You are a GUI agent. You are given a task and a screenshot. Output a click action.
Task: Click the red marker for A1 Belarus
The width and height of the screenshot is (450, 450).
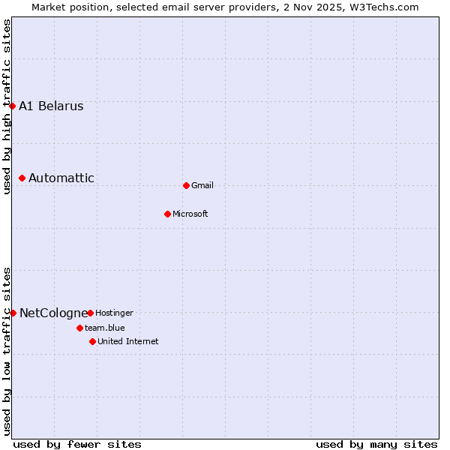(13, 106)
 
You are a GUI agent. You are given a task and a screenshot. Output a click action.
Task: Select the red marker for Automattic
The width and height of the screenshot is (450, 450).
(22, 178)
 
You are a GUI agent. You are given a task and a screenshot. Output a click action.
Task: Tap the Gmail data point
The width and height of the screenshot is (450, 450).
(186, 185)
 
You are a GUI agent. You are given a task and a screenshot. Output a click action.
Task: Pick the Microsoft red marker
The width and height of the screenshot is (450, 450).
(167, 214)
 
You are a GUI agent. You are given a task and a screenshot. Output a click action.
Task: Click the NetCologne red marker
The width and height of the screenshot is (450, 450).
(13, 313)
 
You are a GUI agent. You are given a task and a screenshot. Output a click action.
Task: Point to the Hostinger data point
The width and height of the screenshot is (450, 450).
(90, 313)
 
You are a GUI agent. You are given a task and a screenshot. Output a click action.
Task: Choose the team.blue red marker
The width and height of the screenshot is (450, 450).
(79, 328)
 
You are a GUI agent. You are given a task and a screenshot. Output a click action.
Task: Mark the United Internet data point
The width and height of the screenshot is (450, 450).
(92, 341)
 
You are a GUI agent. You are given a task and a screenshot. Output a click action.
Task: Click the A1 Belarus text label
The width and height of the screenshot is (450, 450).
(51, 106)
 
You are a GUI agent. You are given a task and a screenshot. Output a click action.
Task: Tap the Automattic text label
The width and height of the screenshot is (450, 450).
(61, 178)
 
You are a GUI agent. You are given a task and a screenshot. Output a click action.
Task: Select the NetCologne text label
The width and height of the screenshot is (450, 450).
(52, 313)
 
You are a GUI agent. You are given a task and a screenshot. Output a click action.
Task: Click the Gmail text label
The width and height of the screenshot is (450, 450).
(202, 185)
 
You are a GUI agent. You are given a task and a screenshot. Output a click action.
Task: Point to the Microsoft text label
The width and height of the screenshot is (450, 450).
(190, 214)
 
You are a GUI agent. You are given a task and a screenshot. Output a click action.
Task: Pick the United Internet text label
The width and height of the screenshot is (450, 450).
(127, 341)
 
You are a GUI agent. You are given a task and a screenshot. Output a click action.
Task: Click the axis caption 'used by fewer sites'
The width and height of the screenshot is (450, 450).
(77, 444)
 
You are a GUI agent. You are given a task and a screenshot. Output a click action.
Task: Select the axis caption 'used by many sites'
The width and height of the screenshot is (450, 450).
(376, 444)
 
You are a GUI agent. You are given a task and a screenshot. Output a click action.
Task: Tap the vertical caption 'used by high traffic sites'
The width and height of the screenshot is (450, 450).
(7, 106)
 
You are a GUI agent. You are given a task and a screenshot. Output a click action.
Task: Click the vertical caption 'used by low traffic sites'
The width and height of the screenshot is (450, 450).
(7, 350)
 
